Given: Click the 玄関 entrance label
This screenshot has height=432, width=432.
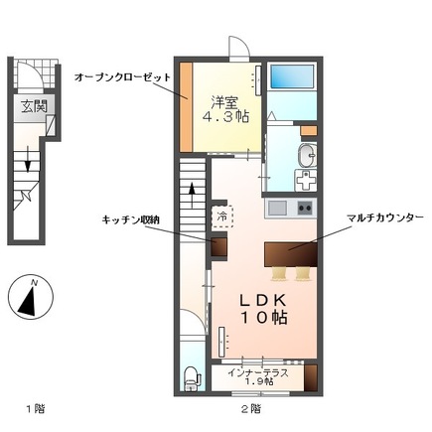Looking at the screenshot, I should (x=28, y=108).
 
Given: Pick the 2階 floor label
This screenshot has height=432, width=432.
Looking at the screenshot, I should (x=250, y=407).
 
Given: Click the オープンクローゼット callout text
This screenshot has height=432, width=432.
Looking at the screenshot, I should (x=123, y=76).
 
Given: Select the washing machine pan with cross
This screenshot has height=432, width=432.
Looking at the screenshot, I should (x=308, y=183).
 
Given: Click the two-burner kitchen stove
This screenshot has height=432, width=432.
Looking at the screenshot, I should (x=303, y=208).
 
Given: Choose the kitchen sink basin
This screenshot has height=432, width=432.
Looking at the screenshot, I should (x=276, y=208).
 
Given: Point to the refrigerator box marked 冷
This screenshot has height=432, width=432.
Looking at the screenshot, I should (x=222, y=214).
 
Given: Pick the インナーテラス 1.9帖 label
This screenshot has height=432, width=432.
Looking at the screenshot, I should (x=258, y=377).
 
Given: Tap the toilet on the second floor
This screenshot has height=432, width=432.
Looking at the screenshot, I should (x=193, y=376).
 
